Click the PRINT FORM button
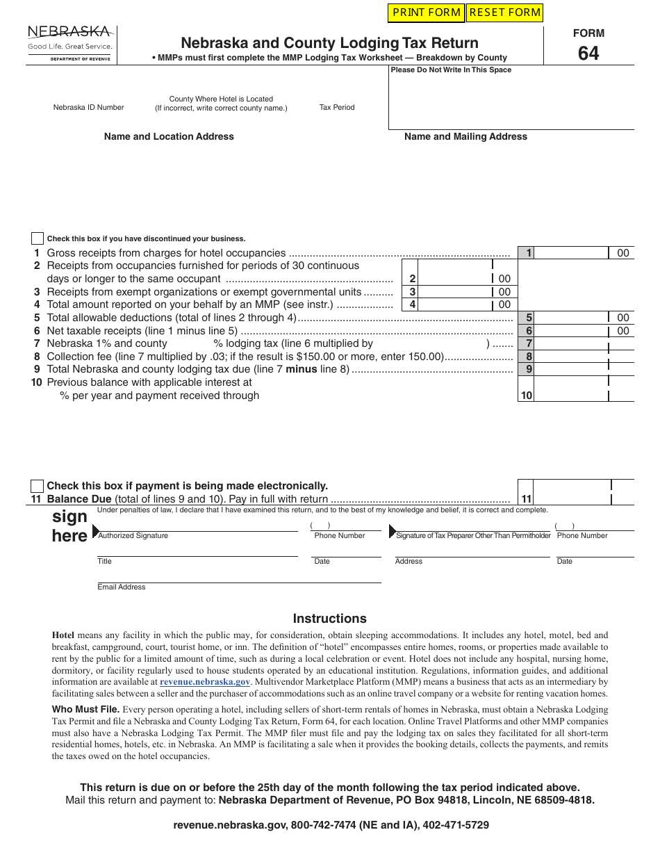427,13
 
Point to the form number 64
588,54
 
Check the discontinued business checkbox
37,238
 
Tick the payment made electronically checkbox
37,486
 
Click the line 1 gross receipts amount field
571,253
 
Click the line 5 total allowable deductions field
571,318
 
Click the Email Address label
122,587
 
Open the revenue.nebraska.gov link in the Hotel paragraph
205,682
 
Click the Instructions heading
329,619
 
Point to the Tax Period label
337,108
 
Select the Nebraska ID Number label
89,108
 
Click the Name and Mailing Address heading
465,137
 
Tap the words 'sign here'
69,526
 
